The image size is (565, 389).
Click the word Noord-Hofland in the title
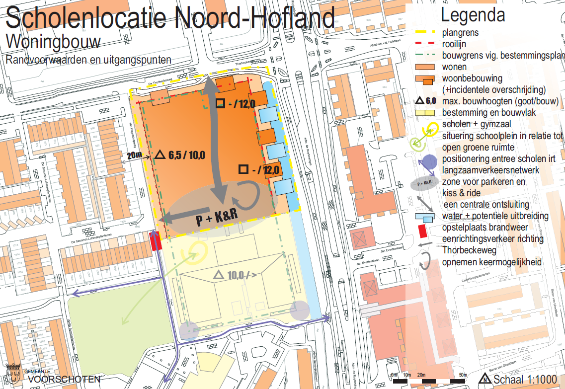(253, 18)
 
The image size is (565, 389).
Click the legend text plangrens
(461, 33)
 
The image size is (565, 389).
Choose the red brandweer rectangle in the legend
(423, 230)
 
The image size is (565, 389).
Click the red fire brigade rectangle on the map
(155, 241)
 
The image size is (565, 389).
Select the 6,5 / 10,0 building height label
(180, 155)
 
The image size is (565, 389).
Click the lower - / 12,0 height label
(260, 169)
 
